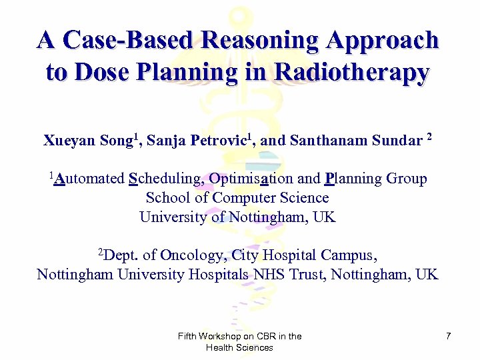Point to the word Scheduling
pos(166,179)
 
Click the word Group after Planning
pos(406,179)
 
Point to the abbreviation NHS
pos(269,275)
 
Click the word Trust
pos(308,275)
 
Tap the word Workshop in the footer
pos(222,337)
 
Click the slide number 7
pos(448,337)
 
